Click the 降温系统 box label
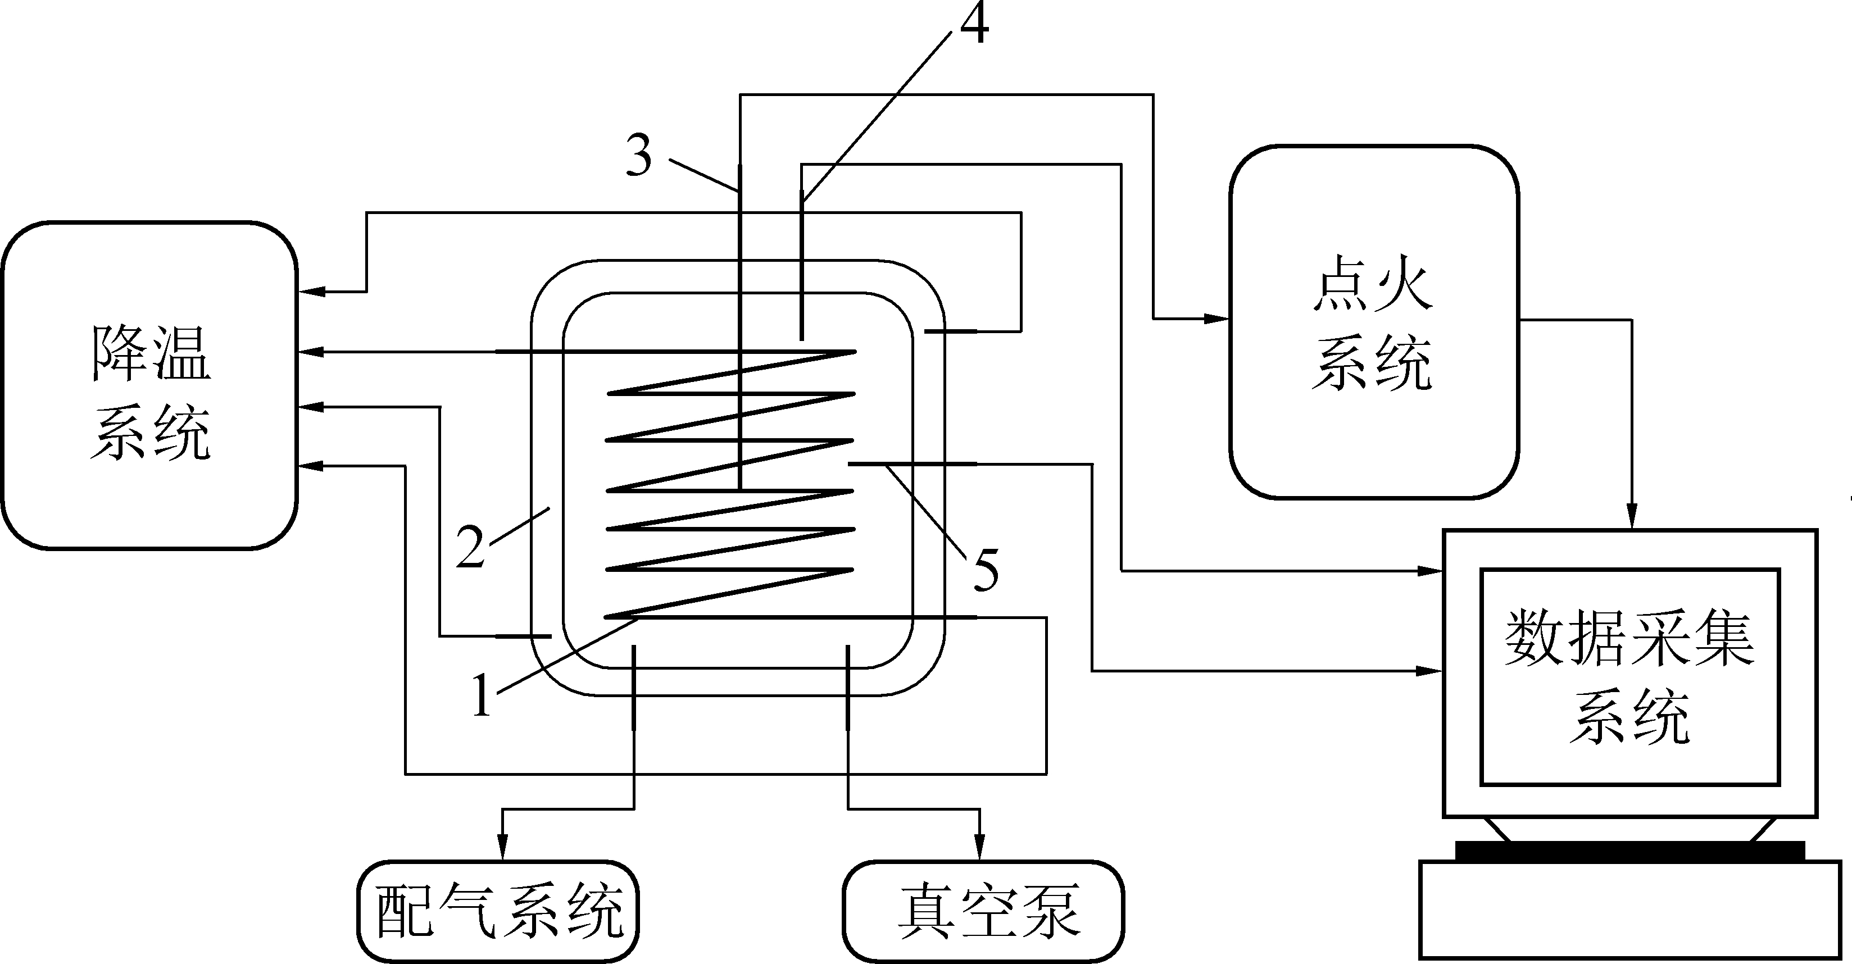[x=151, y=393]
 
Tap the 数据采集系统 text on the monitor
[x=1629, y=676]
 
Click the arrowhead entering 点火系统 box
[x=1219, y=319]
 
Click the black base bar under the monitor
[x=1631, y=851]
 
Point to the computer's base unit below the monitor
[x=1631, y=910]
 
